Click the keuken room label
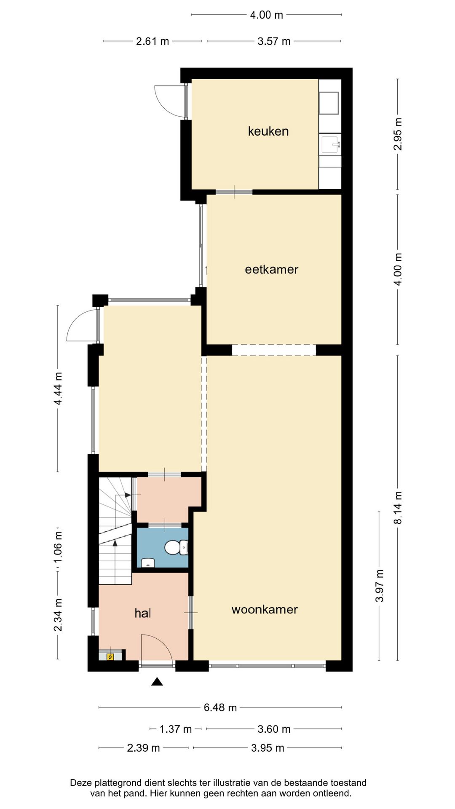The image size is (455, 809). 268,131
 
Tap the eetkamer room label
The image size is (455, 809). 272,269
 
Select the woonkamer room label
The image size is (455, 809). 265,609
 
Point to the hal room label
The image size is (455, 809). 143,613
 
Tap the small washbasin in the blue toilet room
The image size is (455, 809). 148,563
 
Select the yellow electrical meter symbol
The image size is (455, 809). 110,656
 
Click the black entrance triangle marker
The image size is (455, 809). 157,681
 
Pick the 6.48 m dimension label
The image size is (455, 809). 220,707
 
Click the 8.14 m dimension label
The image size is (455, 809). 398,508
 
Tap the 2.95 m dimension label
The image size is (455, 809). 398,134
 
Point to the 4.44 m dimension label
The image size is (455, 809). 58,388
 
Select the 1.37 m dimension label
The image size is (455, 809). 176,729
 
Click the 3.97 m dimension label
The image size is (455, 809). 380,586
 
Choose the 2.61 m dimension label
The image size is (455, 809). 153,41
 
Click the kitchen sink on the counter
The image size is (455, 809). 330,144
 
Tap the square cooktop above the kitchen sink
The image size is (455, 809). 329,103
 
